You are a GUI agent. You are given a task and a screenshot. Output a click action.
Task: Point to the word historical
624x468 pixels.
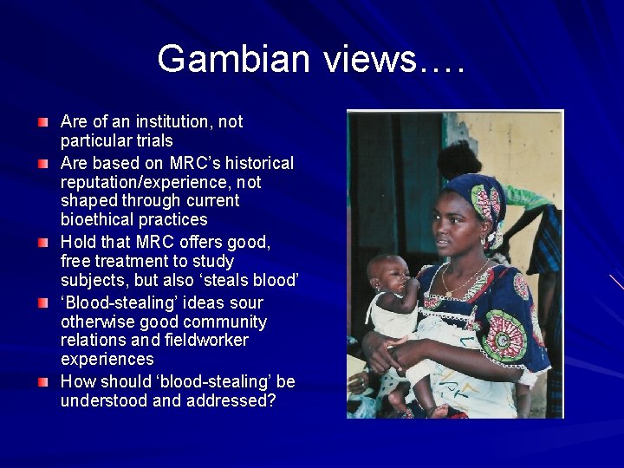coord(258,163)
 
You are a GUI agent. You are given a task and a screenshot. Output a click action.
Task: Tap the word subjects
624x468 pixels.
coord(92,279)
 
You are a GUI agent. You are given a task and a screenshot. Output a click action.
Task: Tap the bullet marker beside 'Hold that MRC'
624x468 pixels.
coord(43,242)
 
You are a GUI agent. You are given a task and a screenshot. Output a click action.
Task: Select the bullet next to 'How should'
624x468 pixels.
coord(43,382)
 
